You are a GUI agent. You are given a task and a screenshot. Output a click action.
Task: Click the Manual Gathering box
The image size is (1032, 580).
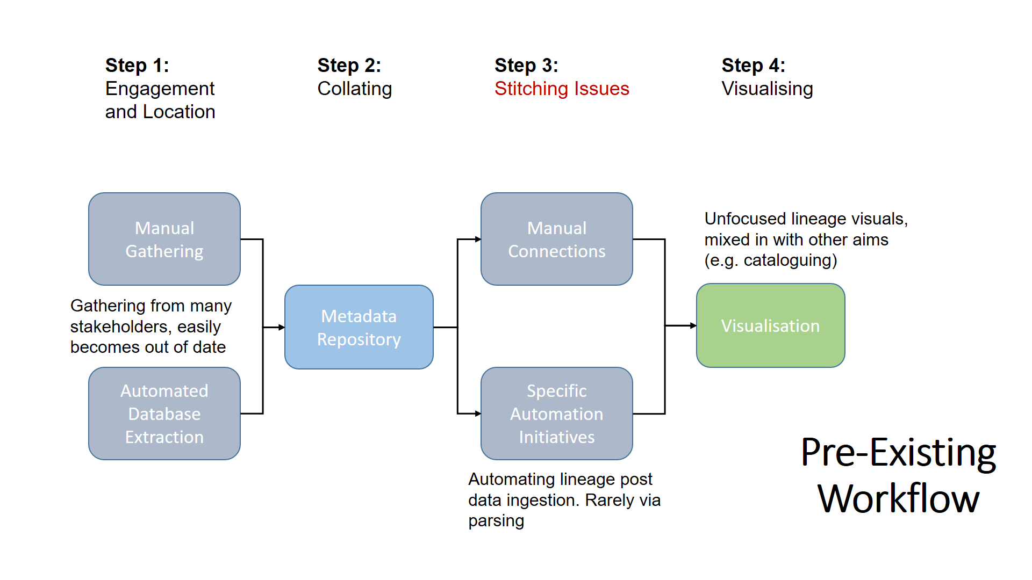(x=164, y=239)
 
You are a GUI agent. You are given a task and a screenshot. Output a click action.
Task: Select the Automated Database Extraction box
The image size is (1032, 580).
(x=164, y=414)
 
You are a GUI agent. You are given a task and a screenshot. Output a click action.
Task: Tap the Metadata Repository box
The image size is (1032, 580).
(x=359, y=327)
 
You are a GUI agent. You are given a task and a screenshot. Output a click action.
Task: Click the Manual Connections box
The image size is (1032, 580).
(x=556, y=239)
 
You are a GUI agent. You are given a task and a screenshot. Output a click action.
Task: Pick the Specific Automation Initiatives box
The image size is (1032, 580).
(x=556, y=414)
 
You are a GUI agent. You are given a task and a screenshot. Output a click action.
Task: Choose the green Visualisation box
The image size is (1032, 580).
(x=770, y=325)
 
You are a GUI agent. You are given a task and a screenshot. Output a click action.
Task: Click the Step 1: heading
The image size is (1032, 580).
(x=137, y=66)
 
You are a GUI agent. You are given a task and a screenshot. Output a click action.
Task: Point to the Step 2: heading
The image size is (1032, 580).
(x=349, y=66)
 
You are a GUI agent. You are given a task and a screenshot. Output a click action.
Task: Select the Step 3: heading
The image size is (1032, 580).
(x=526, y=66)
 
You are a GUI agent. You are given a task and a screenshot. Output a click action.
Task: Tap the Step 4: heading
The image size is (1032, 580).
(x=753, y=66)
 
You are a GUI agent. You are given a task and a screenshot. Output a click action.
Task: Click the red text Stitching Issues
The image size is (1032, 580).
(x=562, y=89)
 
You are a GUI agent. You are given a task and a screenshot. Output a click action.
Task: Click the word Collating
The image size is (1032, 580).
(x=354, y=89)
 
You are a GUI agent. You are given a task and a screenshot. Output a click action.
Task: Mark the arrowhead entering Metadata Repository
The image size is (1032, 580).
(x=282, y=327)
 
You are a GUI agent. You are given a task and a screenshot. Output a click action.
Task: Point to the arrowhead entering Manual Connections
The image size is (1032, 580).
(x=478, y=239)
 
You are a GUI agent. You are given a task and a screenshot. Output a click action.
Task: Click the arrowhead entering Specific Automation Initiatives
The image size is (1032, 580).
(x=478, y=414)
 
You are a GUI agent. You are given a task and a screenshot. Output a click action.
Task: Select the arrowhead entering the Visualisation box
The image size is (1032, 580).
(x=693, y=325)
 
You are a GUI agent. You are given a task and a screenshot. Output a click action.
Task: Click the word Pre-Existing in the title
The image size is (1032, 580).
(x=898, y=453)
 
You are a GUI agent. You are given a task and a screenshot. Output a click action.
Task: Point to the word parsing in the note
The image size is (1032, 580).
(x=496, y=521)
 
